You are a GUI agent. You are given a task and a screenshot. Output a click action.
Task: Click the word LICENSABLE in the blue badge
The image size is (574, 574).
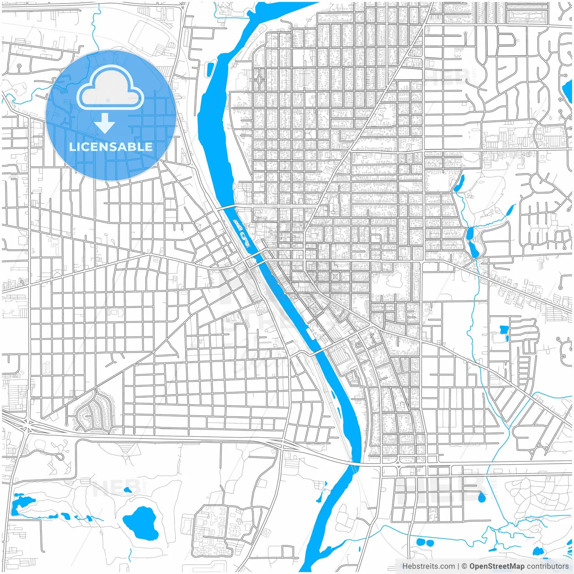111,147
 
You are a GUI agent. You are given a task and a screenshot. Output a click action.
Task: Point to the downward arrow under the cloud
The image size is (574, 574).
105,123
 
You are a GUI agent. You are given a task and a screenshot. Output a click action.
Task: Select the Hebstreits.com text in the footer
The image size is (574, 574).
428,566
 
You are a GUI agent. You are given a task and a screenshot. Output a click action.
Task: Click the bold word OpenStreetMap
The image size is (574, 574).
496,566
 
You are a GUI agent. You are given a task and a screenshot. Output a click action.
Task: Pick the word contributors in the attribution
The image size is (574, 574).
548,566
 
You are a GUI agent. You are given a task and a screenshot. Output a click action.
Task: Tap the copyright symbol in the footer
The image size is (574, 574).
464,566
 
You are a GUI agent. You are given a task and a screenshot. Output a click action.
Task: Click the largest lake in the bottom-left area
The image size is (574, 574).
141,523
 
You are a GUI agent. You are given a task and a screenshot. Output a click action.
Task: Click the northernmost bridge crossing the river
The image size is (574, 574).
227,207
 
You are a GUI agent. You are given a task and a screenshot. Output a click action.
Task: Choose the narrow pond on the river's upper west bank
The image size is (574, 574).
210,70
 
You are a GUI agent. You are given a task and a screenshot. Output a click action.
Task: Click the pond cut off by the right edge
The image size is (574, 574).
568,88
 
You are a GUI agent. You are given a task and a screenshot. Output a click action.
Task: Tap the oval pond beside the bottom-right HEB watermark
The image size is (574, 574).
482,497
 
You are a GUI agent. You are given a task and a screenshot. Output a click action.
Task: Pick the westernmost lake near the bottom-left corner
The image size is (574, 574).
20,502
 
